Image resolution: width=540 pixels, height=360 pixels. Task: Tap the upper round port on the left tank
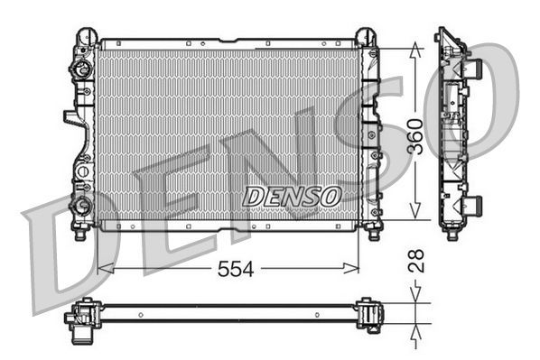click(82, 69)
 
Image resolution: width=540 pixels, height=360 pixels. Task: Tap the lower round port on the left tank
click(82, 205)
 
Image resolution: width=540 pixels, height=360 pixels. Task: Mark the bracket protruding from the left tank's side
click(70, 118)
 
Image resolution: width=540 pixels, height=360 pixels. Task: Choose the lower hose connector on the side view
click(471, 204)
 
